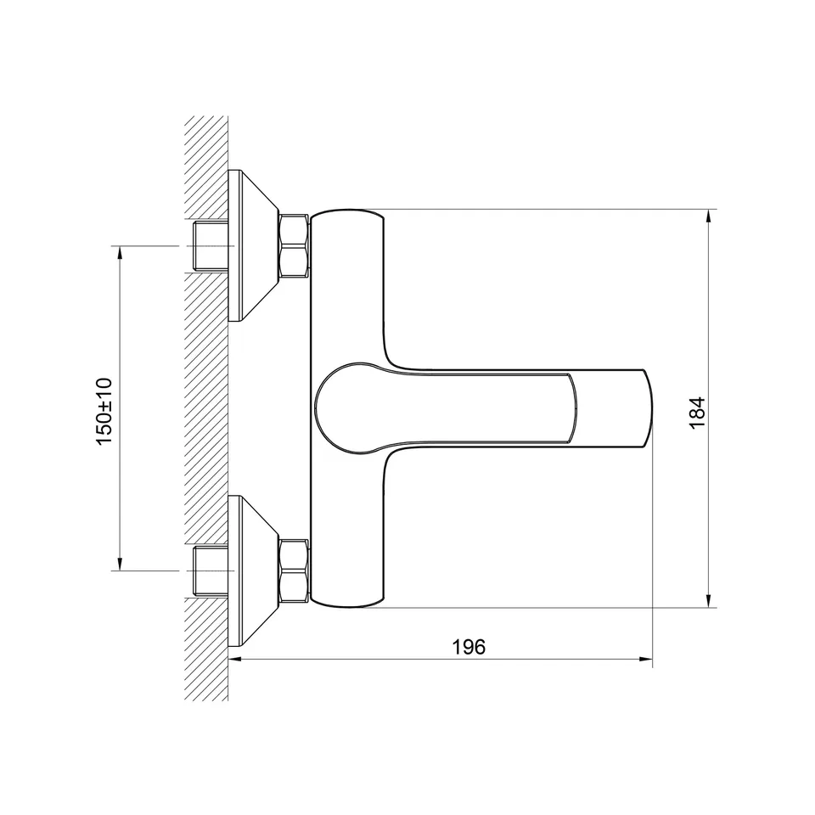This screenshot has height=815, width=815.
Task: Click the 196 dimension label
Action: click(x=469, y=647)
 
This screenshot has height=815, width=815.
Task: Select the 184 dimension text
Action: click(x=697, y=413)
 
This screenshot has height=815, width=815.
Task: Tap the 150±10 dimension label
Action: click(x=104, y=411)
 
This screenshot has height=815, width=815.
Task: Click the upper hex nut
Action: click(x=295, y=246)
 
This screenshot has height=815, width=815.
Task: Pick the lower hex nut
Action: click(x=295, y=571)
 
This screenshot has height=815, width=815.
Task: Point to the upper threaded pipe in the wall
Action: click(x=211, y=246)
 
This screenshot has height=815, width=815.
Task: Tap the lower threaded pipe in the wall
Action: click(x=211, y=570)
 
